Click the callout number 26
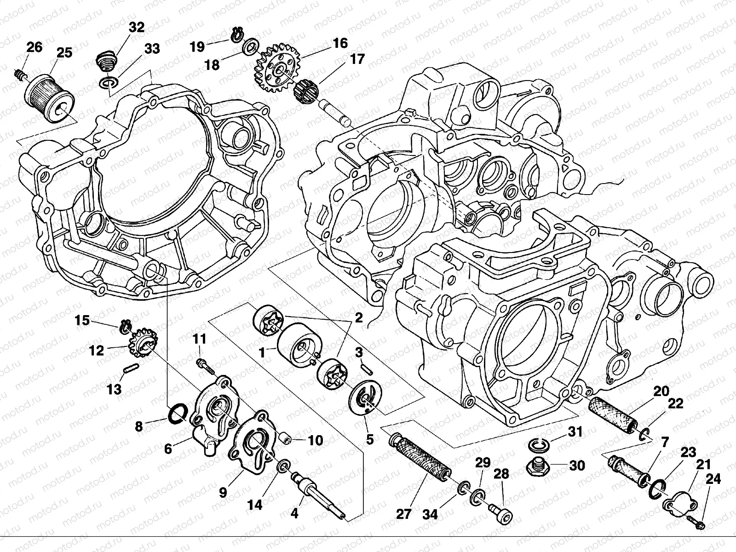(x=34, y=47)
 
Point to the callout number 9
(x=223, y=493)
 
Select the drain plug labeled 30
(x=539, y=467)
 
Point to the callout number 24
(x=713, y=480)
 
